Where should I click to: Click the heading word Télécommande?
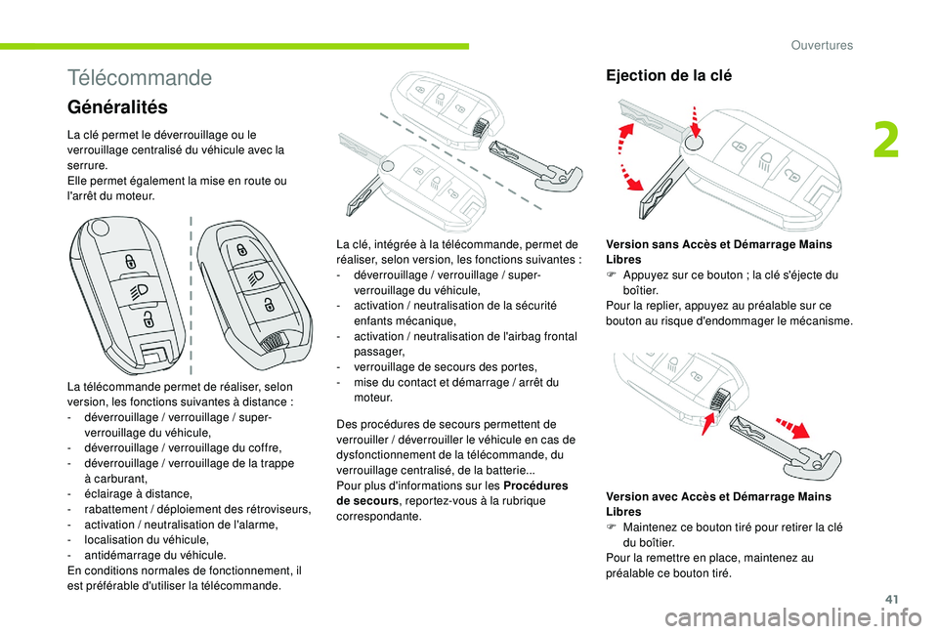point(140,77)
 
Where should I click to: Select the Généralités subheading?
point(118,106)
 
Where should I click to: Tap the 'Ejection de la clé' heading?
point(668,75)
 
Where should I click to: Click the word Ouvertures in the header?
point(822,45)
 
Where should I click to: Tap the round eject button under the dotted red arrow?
point(692,143)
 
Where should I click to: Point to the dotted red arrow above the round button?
point(695,114)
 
